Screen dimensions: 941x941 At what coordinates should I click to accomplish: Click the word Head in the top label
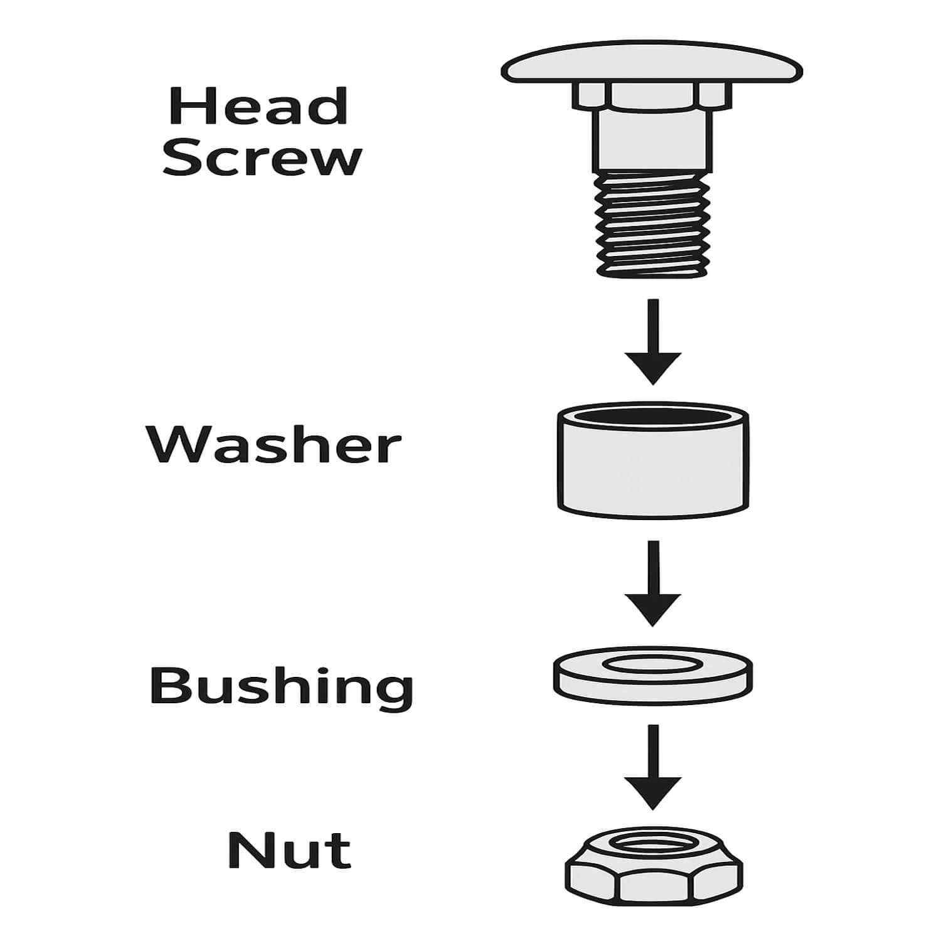258,107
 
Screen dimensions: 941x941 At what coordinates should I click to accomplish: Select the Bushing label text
282,688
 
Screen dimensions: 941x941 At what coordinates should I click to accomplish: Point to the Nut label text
289,850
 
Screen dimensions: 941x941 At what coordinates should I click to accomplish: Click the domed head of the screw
652,63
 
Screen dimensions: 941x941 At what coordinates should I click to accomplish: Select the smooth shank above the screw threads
653,141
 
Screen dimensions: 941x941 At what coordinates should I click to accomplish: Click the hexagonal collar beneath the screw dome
652,95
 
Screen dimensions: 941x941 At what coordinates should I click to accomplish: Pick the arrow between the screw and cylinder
653,342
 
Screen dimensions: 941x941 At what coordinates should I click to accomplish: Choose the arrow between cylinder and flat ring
653,583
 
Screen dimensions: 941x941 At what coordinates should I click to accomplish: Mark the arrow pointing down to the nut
653,767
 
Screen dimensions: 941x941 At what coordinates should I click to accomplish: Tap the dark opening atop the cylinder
653,416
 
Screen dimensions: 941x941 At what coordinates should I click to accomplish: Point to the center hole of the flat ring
653,664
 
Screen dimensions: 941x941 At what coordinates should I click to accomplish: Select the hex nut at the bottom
653,865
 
